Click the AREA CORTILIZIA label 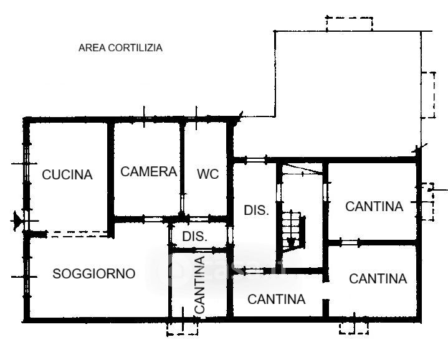click(x=120, y=48)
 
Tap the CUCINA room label click(x=67, y=175)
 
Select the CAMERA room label click(x=148, y=171)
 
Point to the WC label click(x=207, y=174)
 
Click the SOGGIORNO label click(x=94, y=274)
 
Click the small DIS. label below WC click(x=194, y=237)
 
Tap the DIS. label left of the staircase click(x=256, y=211)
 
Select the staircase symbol click(x=292, y=230)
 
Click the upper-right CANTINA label click(x=374, y=206)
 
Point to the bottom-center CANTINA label click(x=276, y=300)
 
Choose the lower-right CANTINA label click(x=378, y=278)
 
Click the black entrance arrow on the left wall click(x=17, y=220)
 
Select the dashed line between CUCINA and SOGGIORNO click(x=77, y=234)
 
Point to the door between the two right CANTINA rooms click(x=350, y=243)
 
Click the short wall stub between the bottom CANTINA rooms click(x=326, y=308)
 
